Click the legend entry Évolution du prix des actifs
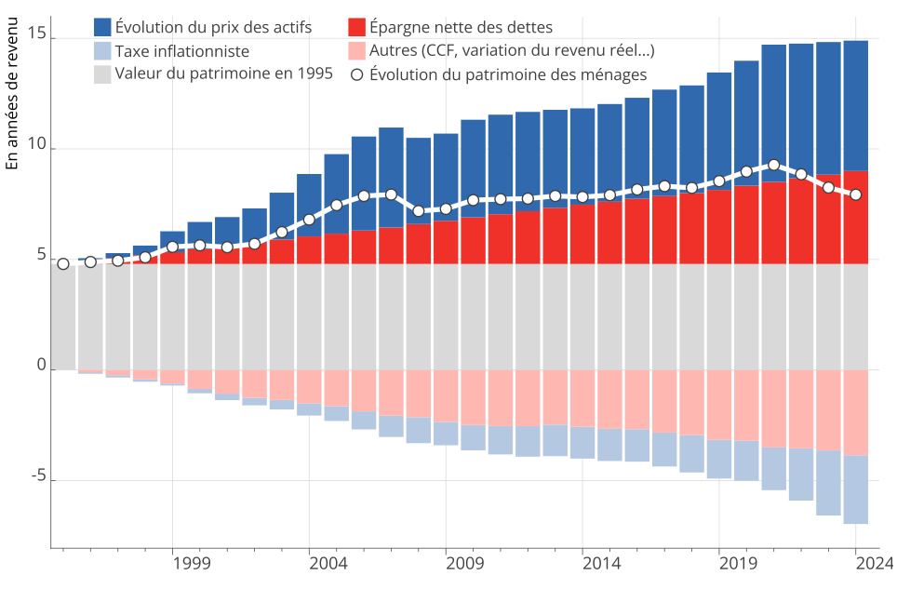(x=213, y=26)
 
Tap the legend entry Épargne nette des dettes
(x=460, y=26)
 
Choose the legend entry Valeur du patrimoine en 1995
(x=223, y=74)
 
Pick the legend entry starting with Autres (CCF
(x=511, y=50)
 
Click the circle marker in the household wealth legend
(x=355, y=74)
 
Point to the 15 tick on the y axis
(x=36, y=33)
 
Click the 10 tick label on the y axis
(x=36, y=144)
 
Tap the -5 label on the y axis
(x=35, y=476)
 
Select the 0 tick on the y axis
(x=41, y=366)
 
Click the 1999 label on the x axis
(x=191, y=563)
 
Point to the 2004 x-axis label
(x=328, y=563)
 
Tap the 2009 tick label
(x=464, y=563)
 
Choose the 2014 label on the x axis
(x=601, y=563)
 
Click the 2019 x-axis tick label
(x=738, y=563)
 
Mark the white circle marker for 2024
(x=856, y=194)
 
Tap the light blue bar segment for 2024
(x=856, y=489)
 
